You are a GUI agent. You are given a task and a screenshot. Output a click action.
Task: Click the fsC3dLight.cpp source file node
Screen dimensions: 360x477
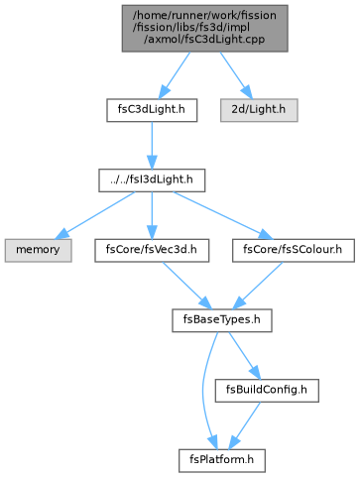pyautogui.click(x=205, y=29)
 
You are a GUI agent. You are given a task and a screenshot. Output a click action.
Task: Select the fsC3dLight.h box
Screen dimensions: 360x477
pyautogui.click(x=152, y=110)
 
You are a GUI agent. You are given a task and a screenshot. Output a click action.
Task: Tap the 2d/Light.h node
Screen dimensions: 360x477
pyautogui.click(x=259, y=110)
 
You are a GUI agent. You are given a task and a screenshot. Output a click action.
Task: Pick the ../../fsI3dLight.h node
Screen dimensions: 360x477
pyautogui.click(x=152, y=180)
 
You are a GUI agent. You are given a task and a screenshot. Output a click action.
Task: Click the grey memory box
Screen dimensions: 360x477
pyautogui.click(x=39, y=250)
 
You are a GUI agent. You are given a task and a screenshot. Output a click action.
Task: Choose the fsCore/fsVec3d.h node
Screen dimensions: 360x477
pyautogui.click(x=152, y=250)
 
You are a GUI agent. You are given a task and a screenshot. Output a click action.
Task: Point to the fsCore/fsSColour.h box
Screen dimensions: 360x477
pyautogui.click(x=294, y=250)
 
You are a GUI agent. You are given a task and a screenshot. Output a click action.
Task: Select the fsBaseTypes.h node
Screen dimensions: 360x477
pyautogui.click(x=222, y=320)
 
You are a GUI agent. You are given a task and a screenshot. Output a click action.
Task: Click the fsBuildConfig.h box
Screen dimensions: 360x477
pyautogui.click(x=267, y=391)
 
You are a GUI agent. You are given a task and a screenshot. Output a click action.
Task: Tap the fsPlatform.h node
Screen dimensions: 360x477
pyautogui.click(x=222, y=460)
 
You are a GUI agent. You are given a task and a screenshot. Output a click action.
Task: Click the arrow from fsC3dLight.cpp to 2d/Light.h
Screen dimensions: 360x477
pyautogui.click(x=236, y=75)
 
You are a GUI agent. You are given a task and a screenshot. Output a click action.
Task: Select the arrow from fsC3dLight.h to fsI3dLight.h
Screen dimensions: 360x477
pyautogui.click(x=152, y=146)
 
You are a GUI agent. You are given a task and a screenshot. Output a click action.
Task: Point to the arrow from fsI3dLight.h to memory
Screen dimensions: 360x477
pyautogui.click(x=95, y=215)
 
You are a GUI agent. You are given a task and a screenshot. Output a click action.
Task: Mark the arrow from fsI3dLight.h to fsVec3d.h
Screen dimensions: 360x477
pyautogui.click(x=152, y=215)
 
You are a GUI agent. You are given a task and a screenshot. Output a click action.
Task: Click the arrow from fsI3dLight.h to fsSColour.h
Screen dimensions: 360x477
pyautogui.click(x=223, y=215)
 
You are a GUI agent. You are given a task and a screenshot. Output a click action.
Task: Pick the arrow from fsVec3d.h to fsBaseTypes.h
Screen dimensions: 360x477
pyautogui.click(x=186, y=286)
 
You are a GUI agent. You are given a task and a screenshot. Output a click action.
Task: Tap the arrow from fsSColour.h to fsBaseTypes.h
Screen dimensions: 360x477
pyautogui.click(x=258, y=286)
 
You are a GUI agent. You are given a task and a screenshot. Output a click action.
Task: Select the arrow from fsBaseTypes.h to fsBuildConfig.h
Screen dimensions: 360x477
pyautogui.click(x=245, y=355)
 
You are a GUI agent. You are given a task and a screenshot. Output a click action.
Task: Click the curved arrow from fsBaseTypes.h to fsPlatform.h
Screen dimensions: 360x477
pyautogui.click(x=203, y=390)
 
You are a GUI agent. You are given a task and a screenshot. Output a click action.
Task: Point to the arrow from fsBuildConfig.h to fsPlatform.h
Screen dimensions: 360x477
pyautogui.click(x=245, y=425)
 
